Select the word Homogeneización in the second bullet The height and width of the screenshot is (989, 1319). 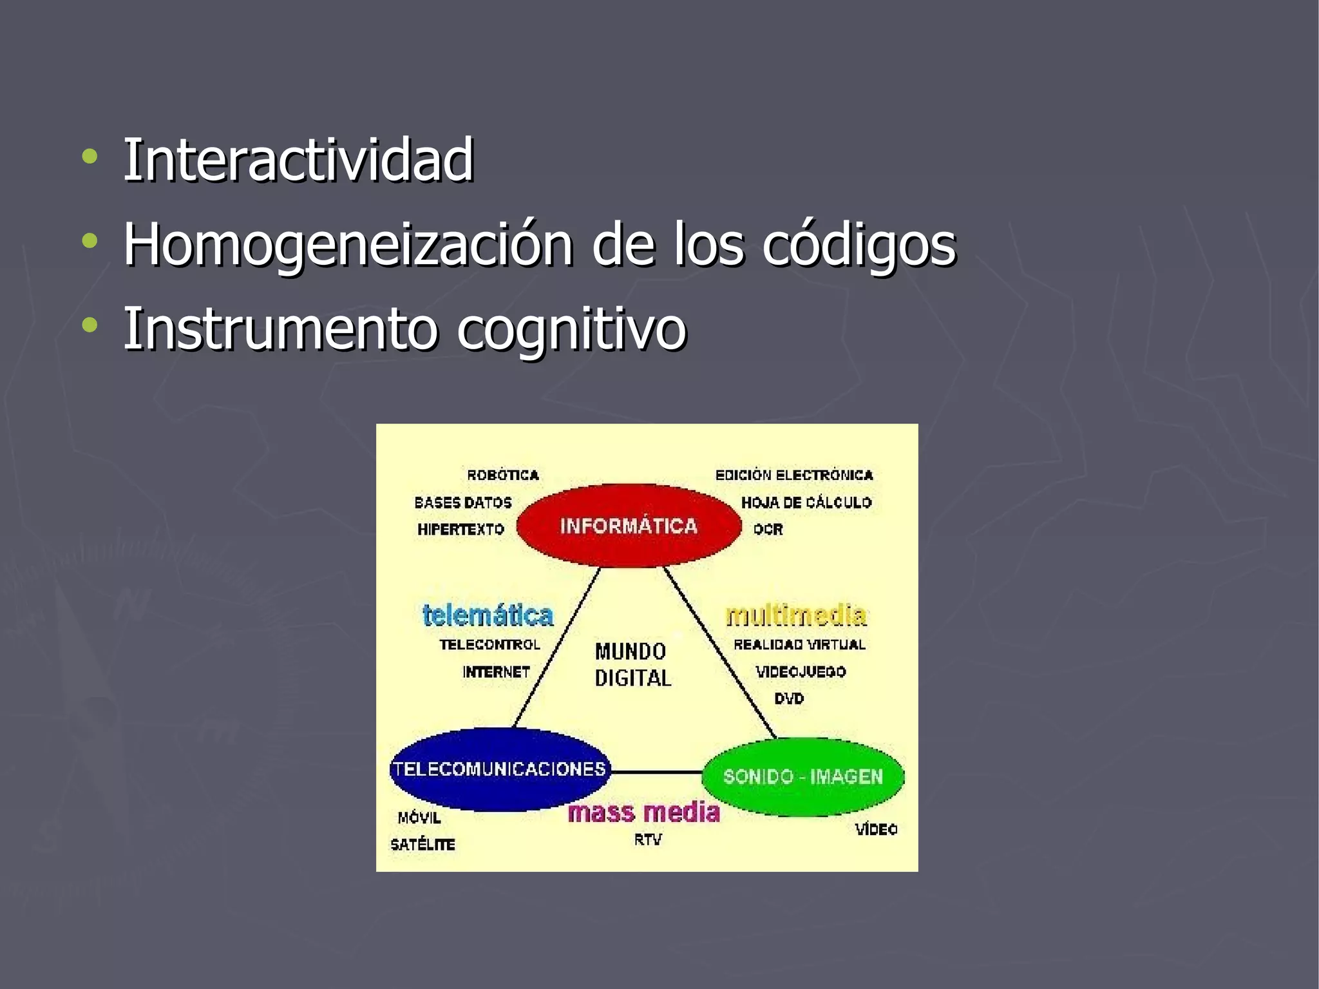coord(348,245)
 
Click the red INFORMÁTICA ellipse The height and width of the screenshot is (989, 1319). coord(629,526)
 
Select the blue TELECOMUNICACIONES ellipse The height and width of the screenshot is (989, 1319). coord(500,769)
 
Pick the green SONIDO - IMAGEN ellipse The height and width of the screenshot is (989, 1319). coord(802,776)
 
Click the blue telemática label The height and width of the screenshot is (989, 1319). coord(488,615)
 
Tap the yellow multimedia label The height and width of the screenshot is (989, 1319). coord(796,615)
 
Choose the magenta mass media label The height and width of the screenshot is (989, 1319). coord(643,812)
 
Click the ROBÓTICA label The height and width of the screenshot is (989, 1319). coord(503,475)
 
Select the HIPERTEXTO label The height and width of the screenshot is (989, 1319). coord(460,530)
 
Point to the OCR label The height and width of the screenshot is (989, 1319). coord(768,530)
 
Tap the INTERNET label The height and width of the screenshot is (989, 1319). coord(496,672)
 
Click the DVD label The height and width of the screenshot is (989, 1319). coord(789,698)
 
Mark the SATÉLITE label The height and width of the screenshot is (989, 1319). coord(422,845)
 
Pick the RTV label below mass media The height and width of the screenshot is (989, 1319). coord(647,840)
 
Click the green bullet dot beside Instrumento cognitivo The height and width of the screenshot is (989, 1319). coord(90,325)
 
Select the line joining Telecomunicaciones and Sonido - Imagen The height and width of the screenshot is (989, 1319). coord(656,771)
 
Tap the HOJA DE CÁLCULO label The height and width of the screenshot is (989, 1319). coord(806,503)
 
